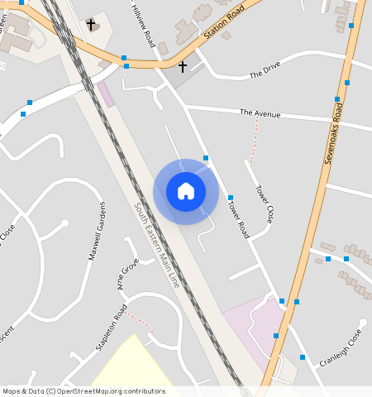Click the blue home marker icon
pos(186,191)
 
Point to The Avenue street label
pos(260,112)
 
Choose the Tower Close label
pos(265,203)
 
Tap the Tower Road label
pos(238,218)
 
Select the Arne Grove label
pos(127,274)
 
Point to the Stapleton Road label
pos(111,328)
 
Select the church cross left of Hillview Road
pos(90,25)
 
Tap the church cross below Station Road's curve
pos(183,66)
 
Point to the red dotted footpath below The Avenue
pos(254,141)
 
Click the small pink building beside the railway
pos(106,94)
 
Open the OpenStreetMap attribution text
pos(83,391)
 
